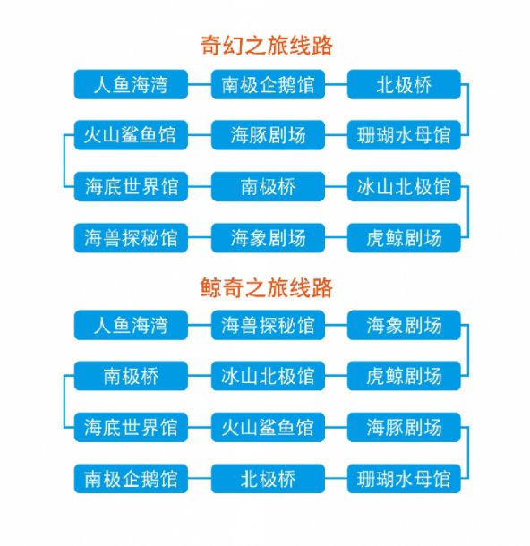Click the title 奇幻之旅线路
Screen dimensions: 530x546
pos(267,46)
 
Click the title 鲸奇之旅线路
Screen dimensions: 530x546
pos(267,287)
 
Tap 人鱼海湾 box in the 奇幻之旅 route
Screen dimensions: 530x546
pos(131,84)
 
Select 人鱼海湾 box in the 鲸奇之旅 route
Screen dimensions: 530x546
pos(131,325)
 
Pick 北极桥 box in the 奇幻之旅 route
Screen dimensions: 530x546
pos(404,84)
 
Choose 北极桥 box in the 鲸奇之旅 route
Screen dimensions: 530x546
pos(268,479)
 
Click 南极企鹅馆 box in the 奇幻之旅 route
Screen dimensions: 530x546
pos(268,84)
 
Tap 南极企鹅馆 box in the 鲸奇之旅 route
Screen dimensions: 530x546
pos(131,479)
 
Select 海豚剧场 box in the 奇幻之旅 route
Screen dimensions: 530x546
pos(268,135)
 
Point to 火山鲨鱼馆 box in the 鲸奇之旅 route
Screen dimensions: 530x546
pos(268,427)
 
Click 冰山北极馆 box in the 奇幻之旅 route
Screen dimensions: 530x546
pos(404,186)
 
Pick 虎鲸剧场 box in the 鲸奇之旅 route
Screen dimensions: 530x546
pos(404,376)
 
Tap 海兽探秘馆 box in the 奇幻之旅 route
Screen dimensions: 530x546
pos(131,238)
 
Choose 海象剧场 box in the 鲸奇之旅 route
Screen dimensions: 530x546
pos(404,325)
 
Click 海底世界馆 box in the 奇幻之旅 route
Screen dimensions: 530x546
pos(131,186)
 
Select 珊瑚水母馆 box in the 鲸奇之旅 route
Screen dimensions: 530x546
pos(404,479)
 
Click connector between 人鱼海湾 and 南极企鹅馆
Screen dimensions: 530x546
pos(200,84)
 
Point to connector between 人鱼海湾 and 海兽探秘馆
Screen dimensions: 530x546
pos(200,325)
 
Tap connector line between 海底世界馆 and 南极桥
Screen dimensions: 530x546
pos(200,186)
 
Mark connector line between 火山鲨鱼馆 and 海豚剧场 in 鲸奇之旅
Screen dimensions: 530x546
pos(336,427)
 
